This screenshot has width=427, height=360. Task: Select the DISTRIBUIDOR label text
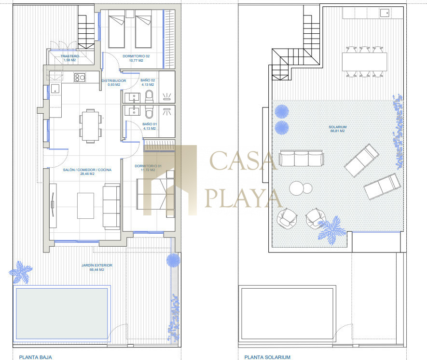(114, 80)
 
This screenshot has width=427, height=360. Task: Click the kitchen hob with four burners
(80, 78)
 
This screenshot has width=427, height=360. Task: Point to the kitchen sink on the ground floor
(55, 88)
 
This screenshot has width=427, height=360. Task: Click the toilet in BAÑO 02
(149, 96)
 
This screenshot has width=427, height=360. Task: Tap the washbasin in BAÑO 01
(133, 111)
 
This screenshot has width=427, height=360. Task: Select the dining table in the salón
(90, 125)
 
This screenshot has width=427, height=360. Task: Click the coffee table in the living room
(85, 206)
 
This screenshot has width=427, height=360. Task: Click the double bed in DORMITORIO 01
(155, 194)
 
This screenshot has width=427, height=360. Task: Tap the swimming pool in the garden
(62, 314)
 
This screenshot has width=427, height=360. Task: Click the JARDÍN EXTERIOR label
(96, 267)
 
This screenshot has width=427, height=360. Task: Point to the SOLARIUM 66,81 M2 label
(338, 129)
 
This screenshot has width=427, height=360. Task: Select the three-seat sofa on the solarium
(302, 158)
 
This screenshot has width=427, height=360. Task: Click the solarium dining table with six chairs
(364, 62)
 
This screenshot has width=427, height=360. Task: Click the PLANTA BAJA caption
(35, 357)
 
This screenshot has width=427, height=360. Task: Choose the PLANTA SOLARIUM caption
(267, 357)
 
